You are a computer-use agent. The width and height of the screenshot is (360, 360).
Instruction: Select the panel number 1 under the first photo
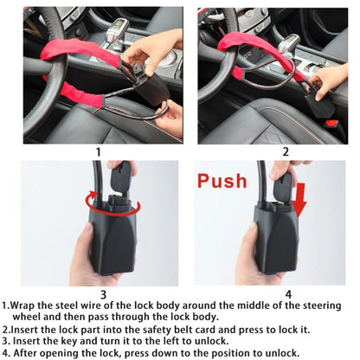98,151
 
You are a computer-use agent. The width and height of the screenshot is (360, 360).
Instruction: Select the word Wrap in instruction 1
27,306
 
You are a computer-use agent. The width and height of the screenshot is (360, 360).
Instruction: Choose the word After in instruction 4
29,352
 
